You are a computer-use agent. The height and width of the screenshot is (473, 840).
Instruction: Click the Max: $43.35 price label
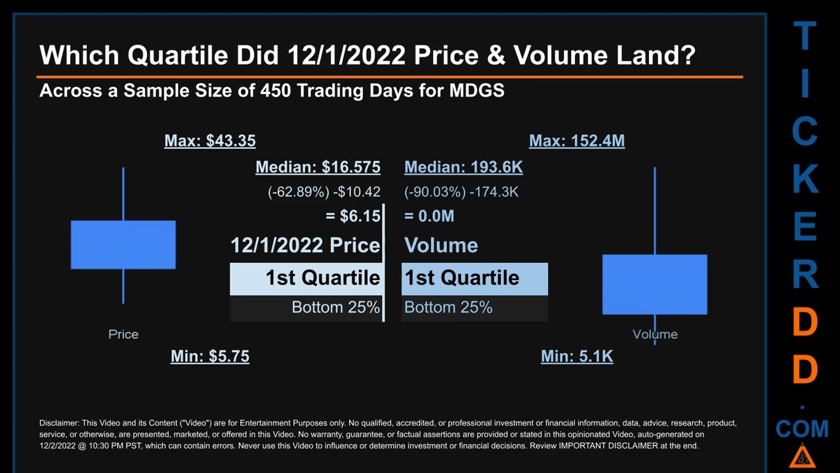pos(210,141)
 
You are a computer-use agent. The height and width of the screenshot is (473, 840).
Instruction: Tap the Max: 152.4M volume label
pos(577,141)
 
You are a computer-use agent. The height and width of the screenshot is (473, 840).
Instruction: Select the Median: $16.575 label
pos(318,168)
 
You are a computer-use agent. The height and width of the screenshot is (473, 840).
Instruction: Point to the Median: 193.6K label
pos(463,168)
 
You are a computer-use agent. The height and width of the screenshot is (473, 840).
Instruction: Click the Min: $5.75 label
pos(210,356)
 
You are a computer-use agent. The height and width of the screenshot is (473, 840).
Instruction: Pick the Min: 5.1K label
pos(577,356)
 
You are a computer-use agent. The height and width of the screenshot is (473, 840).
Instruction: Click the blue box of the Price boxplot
pos(123,244)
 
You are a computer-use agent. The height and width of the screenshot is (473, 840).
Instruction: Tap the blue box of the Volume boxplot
pos(655,284)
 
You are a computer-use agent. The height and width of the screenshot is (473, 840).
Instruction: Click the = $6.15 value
pos(352,216)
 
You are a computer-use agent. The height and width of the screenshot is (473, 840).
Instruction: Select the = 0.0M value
pos(429,216)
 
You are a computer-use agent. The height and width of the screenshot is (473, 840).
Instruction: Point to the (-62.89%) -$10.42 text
pos(324,192)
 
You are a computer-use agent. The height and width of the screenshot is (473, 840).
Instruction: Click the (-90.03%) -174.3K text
pos(461,192)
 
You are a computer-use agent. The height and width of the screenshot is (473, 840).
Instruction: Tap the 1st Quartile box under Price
pos(306,279)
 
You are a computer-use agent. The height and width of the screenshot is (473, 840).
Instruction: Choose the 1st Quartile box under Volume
pos(474,279)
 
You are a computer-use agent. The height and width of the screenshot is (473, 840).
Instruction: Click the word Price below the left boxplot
pos(123,334)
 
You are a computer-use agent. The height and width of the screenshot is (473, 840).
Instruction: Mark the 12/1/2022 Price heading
pos(305,246)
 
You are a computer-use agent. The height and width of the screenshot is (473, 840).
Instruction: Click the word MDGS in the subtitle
pos(476,91)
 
